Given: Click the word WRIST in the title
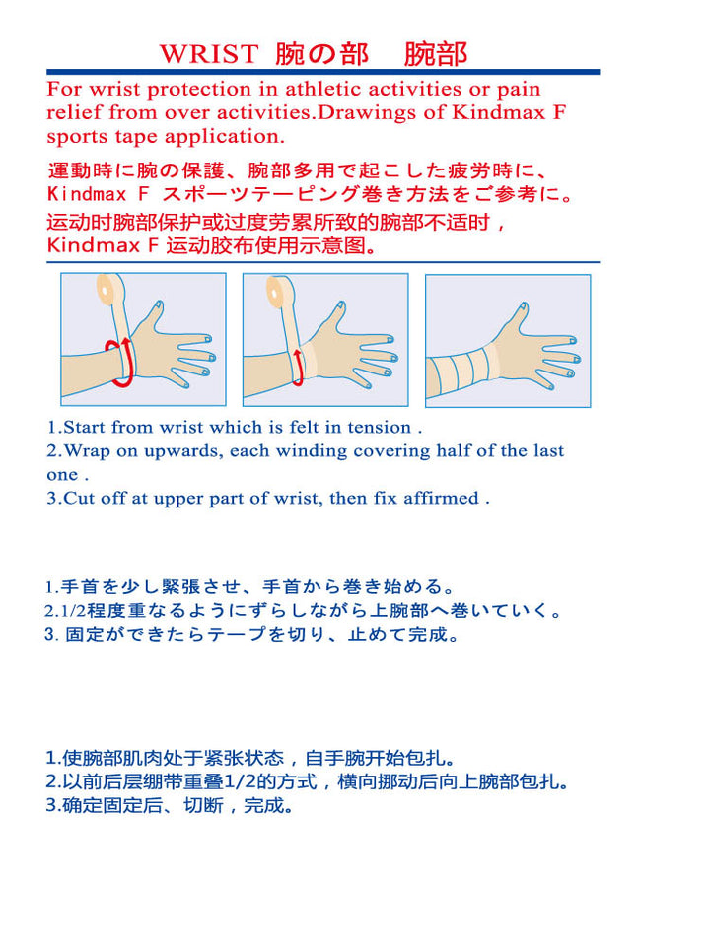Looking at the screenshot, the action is coord(209,54).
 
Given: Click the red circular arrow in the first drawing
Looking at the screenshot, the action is coord(120,362).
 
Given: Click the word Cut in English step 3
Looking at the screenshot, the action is coord(79,499).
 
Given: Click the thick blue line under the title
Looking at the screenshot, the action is coord(323,72).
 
